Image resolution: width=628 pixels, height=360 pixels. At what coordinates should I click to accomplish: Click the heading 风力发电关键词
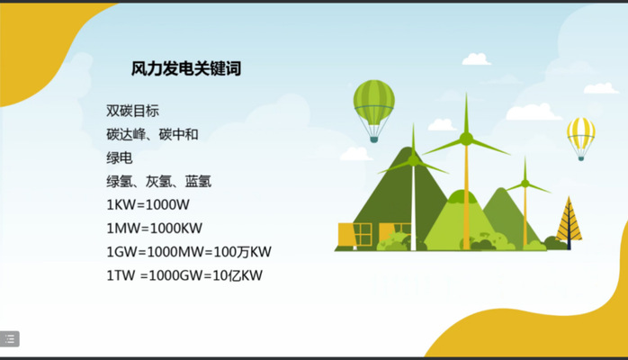click(186, 68)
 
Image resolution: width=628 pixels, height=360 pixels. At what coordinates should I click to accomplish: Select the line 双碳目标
click(132, 111)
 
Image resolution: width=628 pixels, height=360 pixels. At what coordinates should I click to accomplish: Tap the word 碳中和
click(179, 134)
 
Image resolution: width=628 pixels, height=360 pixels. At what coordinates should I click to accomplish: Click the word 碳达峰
click(126, 134)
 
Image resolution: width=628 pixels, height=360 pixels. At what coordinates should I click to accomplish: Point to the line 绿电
click(120, 157)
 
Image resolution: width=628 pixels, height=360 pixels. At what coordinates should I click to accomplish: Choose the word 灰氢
click(158, 182)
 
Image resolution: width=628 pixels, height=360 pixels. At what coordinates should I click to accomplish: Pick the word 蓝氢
click(198, 182)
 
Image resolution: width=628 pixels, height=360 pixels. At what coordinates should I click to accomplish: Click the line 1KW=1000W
click(148, 205)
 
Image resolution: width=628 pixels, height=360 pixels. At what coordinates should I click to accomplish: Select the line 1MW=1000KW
click(154, 229)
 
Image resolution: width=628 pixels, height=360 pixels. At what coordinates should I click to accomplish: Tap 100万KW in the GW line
click(243, 252)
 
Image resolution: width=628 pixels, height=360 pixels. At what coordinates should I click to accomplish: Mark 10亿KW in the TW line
click(238, 275)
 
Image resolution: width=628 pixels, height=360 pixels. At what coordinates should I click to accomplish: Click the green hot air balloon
click(373, 111)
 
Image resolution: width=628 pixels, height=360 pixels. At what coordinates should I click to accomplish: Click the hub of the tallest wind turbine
click(466, 139)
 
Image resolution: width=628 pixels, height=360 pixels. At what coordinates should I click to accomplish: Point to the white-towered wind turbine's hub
click(413, 160)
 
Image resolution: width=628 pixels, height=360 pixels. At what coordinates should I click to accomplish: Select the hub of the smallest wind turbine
click(525, 184)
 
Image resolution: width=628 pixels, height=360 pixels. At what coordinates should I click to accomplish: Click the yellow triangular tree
click(570, 222)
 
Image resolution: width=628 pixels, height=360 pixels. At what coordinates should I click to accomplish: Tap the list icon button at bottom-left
click(10, 339)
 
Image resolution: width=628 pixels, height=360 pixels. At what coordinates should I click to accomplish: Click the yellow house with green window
click(354, 235)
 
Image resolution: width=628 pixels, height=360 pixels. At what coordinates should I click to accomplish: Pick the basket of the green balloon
click(373, 139)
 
